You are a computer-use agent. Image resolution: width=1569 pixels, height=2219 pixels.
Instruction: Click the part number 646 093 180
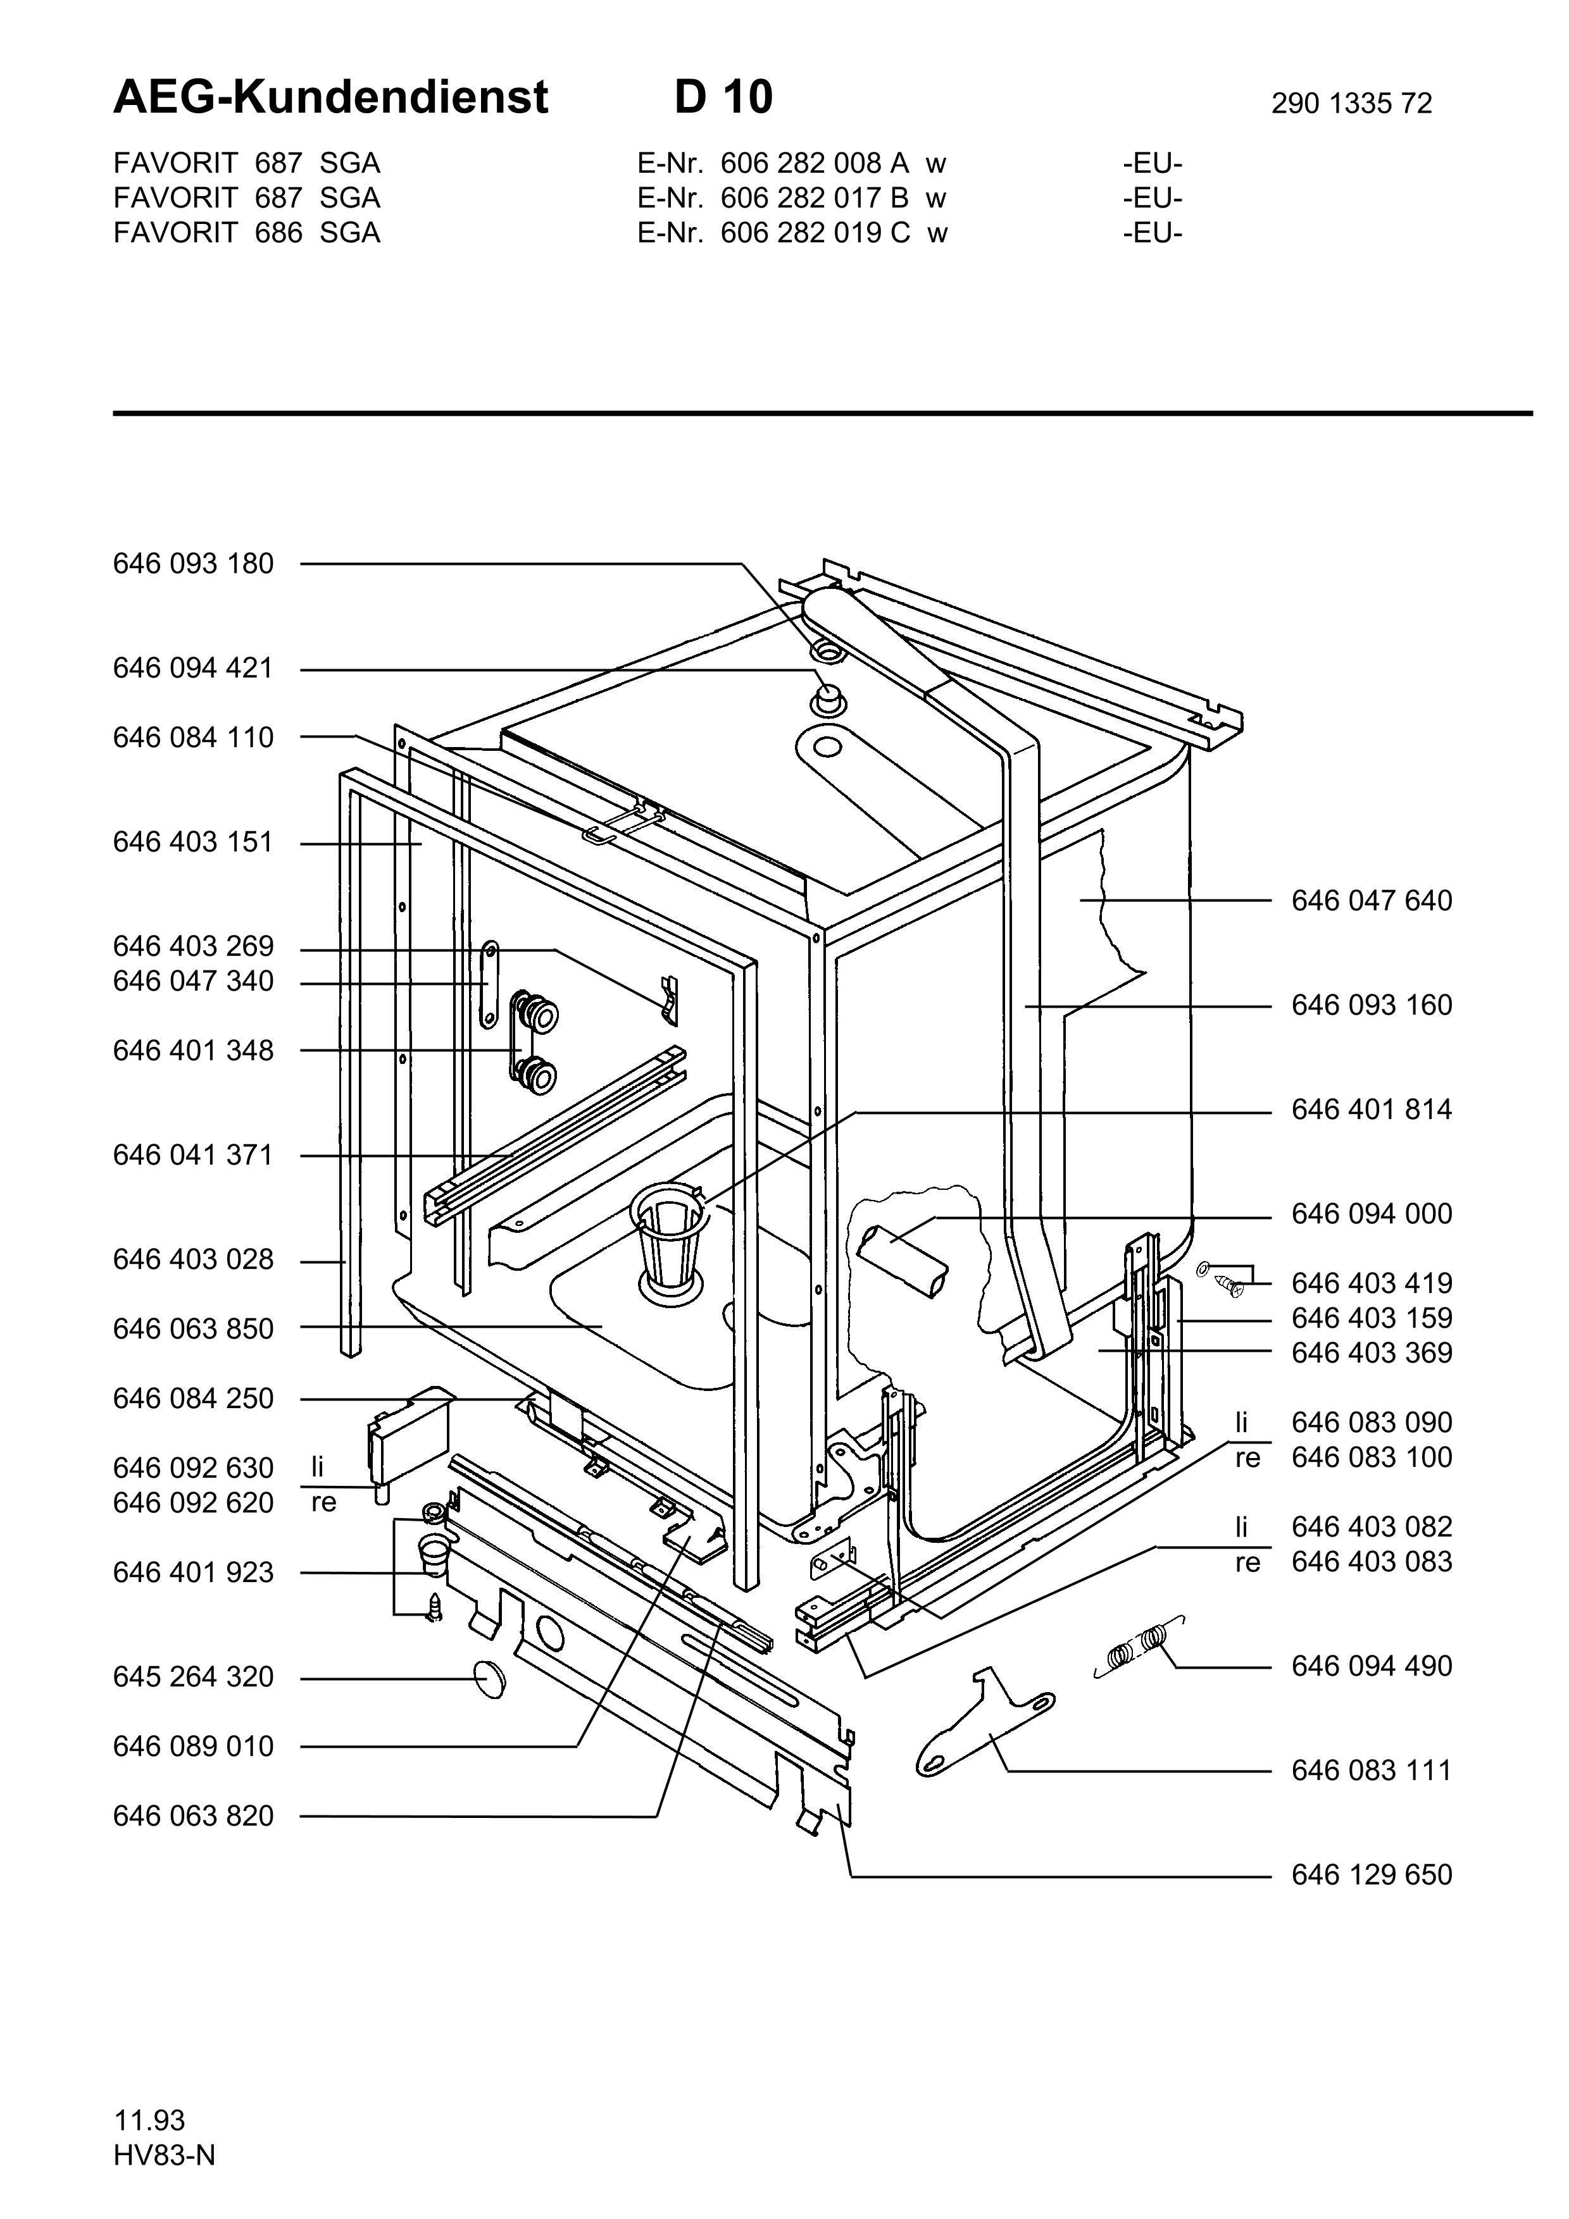[x=193, y=564]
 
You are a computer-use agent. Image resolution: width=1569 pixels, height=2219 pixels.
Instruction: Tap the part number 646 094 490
[x=1372, y=1666]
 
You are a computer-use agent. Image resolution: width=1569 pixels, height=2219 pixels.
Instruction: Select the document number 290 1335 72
[x=1351, y=103]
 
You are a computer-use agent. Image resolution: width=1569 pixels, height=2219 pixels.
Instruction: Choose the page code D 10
[x=724, y=97]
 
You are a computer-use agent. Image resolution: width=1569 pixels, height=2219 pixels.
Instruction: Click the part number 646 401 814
[x=1372, y=1109]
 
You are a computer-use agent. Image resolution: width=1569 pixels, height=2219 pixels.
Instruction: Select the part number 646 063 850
[x=193, y=1330]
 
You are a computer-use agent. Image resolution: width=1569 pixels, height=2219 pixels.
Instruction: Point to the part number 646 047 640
[x=1372, y=901]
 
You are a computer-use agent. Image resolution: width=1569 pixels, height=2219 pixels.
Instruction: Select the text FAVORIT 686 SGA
[x=246, y=233]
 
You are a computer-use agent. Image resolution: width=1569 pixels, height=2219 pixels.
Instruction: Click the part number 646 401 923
[x=193, y=1573]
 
